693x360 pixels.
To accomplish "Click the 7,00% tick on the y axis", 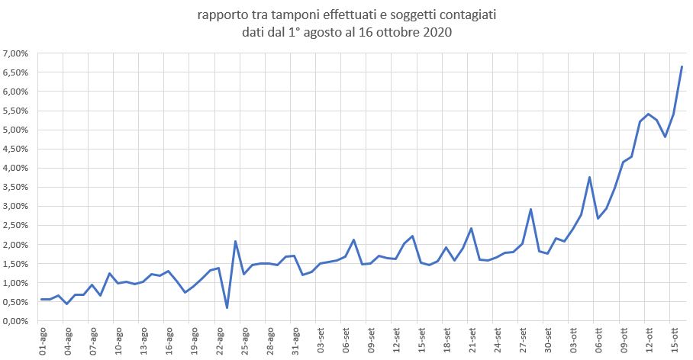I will click(x=15, y=53).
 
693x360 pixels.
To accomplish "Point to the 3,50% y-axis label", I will click(x=15, y=187).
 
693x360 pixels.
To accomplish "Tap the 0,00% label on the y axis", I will click(x=15, y=321).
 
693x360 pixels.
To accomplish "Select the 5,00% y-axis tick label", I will click(x=15, y=130).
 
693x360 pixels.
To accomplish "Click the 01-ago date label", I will click(x=43, y=340).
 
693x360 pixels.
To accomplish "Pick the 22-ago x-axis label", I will click(x=220, y=340).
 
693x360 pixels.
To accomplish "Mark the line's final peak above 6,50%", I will click(x=682, y=67).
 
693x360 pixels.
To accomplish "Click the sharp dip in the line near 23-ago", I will click(x=227, y=307).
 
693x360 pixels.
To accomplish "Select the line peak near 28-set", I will click(x=530, y=209).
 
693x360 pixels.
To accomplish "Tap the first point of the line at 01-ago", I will click(x=42, y=299).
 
